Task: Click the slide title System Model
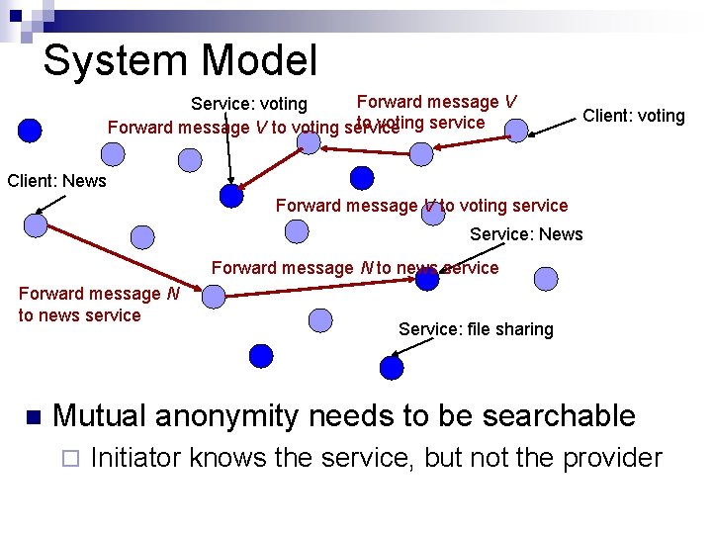point(180,59)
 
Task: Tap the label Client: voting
point(633,116)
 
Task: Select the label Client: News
point(56,181)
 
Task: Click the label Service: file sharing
point(476,329)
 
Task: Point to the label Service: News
point(526,234)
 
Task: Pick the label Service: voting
point(249,104)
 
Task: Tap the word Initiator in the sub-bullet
point(134,458)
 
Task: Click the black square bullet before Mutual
point(32,417)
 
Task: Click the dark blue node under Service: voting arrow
point(231,196)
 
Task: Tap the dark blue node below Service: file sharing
point(392,368)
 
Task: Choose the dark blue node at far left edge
point(31,130)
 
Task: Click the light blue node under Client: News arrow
point(36,225)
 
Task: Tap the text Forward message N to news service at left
point(98,305)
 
